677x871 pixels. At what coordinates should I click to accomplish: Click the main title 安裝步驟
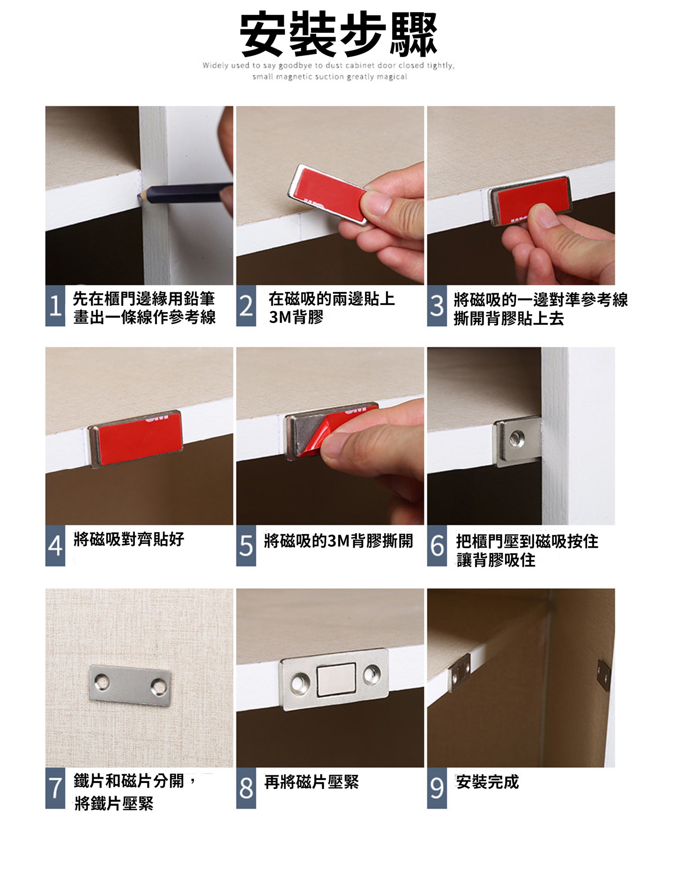[x=338, y=34]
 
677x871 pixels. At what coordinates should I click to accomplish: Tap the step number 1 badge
[x=55, y=305]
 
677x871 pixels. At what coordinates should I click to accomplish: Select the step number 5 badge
[x=246, y=545]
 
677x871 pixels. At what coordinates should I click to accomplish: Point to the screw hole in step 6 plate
[x=517, y=439]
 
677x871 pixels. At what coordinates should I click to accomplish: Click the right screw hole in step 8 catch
[x=372, y=673]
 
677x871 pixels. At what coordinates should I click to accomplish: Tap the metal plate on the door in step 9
[x=603, y=675]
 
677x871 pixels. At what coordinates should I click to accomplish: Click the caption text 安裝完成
[x=488, y=782]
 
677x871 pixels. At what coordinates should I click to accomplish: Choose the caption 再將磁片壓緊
[x=312, y=782]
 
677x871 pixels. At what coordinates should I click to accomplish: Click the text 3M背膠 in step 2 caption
[x=296, y=317]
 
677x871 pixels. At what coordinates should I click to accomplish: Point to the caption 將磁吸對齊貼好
[x=129, y=539]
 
